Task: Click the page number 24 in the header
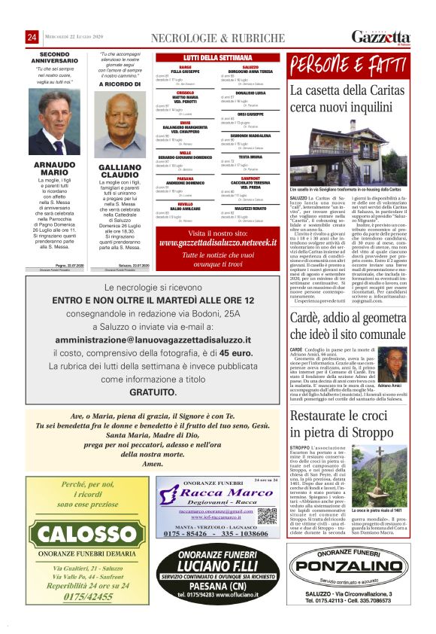click(x=32, y=38)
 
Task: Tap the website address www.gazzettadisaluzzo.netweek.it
click(x=217, y=243)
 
